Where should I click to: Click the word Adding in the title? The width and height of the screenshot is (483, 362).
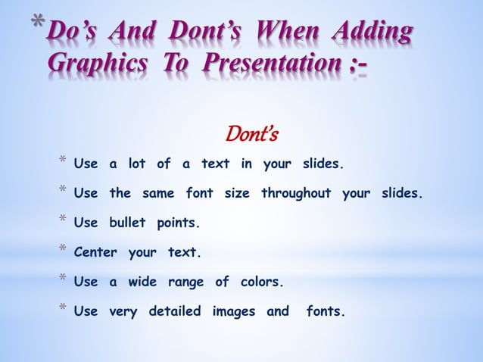click(x=369, y=34)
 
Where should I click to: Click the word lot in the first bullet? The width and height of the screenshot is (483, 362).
click(x=137, y=164)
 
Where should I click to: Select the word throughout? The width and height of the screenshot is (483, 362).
click(x=296, y=192)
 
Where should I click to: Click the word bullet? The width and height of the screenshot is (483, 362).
click(x=128, y=223)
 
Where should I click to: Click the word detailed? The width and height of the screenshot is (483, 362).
click(x=176, y=311)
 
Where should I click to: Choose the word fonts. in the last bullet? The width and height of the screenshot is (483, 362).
click(x=324, y=311)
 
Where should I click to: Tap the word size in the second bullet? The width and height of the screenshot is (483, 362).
click(x=238, y=192)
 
